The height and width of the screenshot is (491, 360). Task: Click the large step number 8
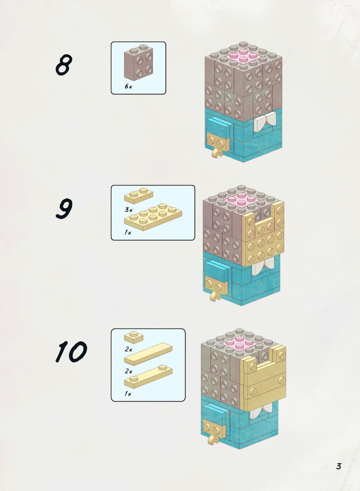[x=64, y=65]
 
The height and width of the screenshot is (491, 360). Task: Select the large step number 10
[x=71, y=351]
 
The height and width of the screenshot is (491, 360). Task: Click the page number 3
[x=339, y=466]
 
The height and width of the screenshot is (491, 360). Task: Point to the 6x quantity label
[x=128, y=86]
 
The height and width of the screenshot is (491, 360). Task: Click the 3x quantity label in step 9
[x=128, y=210]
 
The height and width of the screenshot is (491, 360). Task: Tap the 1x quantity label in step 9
[x=128, y=233]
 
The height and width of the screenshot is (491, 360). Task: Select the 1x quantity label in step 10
[x=128, y=394]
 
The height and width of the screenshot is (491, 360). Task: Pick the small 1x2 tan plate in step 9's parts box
[x=139, y=196]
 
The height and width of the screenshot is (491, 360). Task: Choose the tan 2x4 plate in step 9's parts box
[x=153, y=217]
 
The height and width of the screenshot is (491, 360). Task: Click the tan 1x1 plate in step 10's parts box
[x=134, y=337]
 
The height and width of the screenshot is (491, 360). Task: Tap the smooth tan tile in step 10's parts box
[x=149, y=354]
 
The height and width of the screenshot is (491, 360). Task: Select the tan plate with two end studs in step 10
[x=149, y=377]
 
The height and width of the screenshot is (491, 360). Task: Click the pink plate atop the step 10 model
[x=240, y=343]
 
